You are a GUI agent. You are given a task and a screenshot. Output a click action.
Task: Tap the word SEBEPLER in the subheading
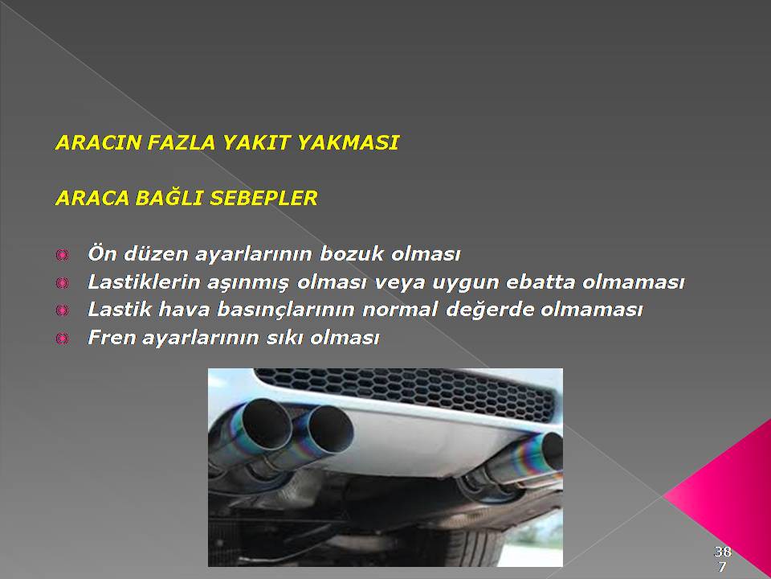click(263, 198)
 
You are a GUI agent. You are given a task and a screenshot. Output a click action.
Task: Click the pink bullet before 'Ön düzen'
click(62, 255)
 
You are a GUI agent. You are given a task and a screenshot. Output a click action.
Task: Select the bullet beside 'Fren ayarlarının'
click(62, 339)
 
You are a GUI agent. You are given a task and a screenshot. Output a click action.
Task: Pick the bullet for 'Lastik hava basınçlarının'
click(62, 310)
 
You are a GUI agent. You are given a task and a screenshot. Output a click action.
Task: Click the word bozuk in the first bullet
click(351, 253)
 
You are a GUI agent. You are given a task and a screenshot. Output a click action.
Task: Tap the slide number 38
click(722, 551)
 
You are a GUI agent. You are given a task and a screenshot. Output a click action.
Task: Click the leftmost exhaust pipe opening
click(267, 425)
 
